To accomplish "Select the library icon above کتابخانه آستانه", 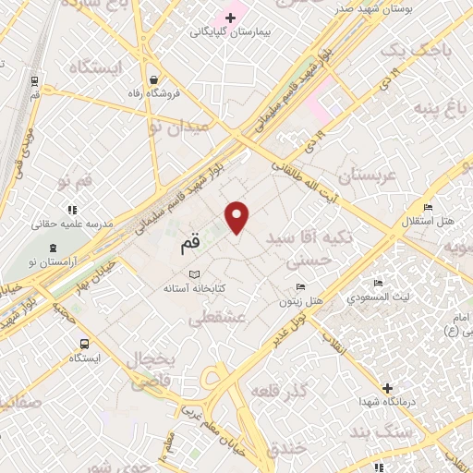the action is tap(194, 274).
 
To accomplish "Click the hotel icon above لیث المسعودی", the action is tap(378, 284).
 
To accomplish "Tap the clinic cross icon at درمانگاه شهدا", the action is tap(387, 388).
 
